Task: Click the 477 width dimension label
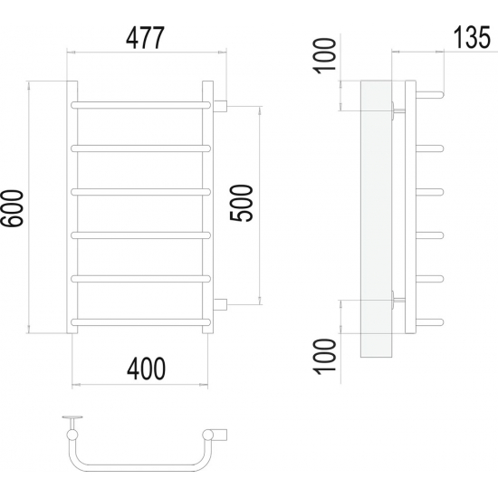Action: [x=145, y=38]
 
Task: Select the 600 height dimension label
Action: [x=12, y=208]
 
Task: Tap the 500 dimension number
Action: [x=242, y=203]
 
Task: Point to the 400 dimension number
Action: [x=146, y=369]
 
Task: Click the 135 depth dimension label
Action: [x=472, y=37]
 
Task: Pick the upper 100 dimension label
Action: [x=324, y=56]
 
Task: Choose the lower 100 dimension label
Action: [x=324, y=357]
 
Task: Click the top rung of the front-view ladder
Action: [x=140, y=105]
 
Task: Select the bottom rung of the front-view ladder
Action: [x=140, y=322]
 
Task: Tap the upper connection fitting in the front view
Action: [x=220, y=106]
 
